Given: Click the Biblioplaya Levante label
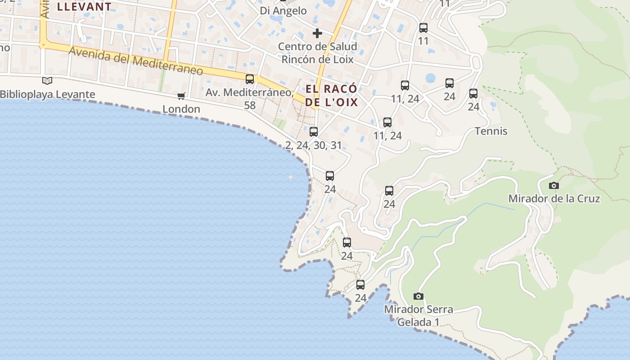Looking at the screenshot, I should tap(48, 94).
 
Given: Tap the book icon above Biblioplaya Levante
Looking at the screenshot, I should tap(47, 81).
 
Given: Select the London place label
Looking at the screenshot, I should tap(181, 109).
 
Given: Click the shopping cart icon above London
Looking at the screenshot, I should tap(181, 96).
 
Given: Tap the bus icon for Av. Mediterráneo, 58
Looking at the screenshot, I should tap(250, 79).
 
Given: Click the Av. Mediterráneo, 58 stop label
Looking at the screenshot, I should tap(250, 99).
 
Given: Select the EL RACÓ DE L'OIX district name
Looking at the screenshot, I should tap(332, 95).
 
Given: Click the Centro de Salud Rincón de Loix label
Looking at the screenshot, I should tap(318, 53).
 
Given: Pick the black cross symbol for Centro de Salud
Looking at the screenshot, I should tap(317, 33).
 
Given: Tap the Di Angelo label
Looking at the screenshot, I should tap(283, 10).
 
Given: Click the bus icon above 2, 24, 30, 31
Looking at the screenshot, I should tap(314, 132).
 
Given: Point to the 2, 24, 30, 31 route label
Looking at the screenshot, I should tap(314, 145).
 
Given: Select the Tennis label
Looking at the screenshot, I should tap(491, 131).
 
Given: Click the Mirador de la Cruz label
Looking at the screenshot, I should tap(554, 198).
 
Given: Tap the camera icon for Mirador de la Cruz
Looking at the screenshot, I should tap(554, 185).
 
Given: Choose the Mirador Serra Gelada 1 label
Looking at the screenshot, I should tap(418, 315).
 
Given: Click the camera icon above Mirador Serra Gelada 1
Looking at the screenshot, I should tap(418, 296).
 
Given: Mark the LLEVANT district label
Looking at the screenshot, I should tap(84, 7).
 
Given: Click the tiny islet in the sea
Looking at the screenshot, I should tap(291, 177).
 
